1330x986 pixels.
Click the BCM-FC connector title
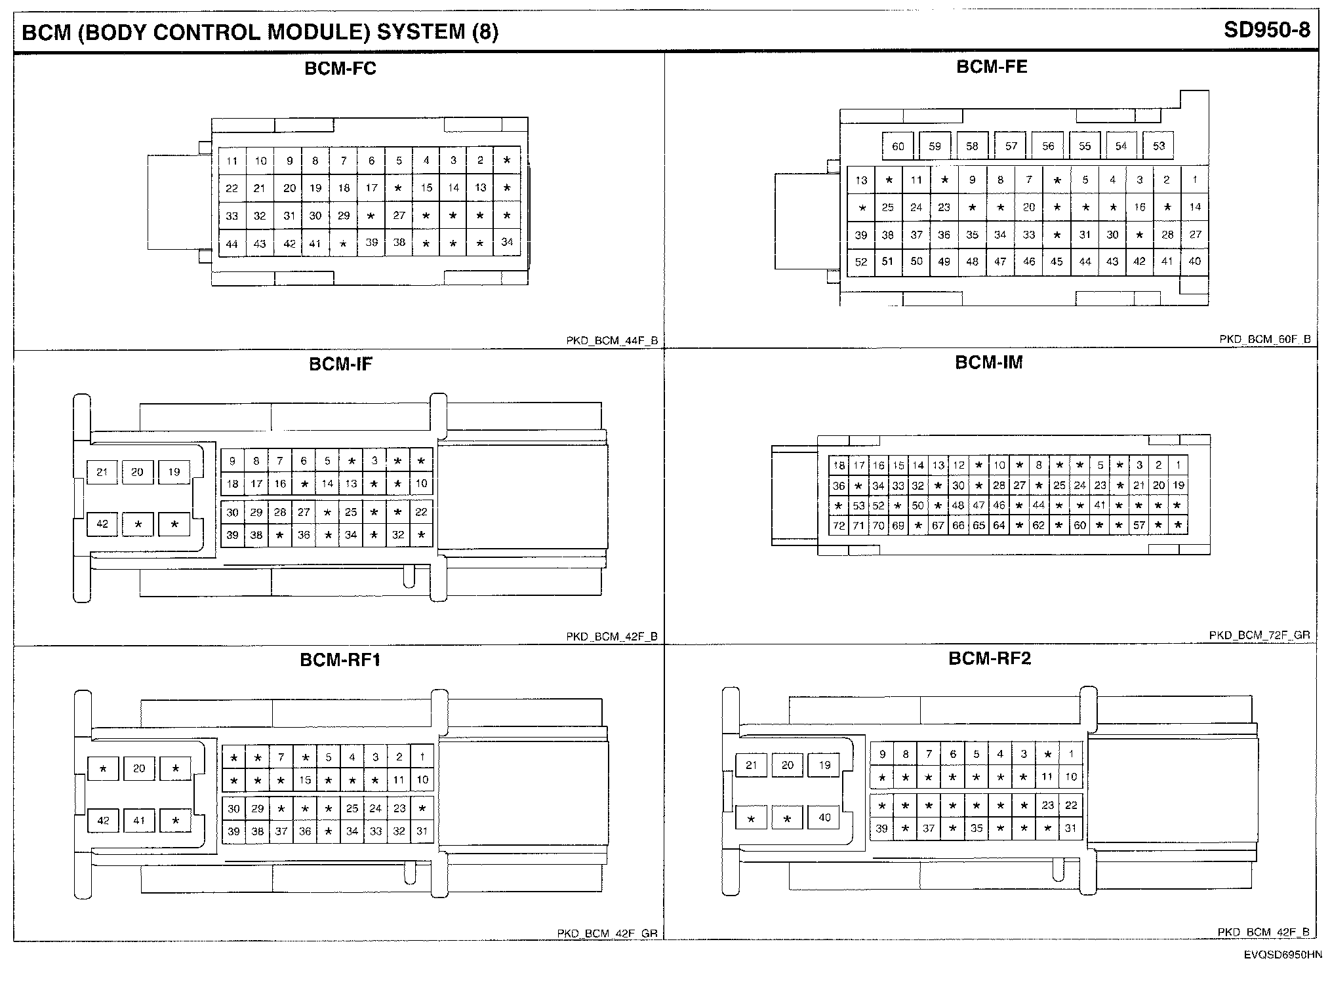(x=340, y=69)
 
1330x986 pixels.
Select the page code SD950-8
(x=1266, y=31)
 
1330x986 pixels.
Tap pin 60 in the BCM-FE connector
(x=898, y=146)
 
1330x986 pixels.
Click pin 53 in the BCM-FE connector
(x=1159, y=146)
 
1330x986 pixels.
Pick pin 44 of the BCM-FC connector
(x=232, y=244)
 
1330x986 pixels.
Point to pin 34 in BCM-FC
(x=507, y=242)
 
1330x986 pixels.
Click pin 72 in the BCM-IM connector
(x=839, y=525)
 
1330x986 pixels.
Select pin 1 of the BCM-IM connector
(x=1179, y=465)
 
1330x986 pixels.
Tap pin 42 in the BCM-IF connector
(x=102, y=524)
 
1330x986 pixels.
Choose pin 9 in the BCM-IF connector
(x=232, y=461)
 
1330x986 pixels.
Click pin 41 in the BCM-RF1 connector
(x=139, y=820)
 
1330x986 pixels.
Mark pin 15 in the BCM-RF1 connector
(x=305, y=780)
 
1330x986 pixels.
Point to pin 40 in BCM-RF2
(x=824, y=818)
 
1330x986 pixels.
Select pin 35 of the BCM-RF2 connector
(x=977, y=828)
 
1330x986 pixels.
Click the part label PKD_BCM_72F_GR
(x=1259, y=635)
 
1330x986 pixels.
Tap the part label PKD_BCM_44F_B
(x=611, y=341)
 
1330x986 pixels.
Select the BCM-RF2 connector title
(x=990, y=658)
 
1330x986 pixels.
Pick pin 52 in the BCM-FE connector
(x=861, y=262)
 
